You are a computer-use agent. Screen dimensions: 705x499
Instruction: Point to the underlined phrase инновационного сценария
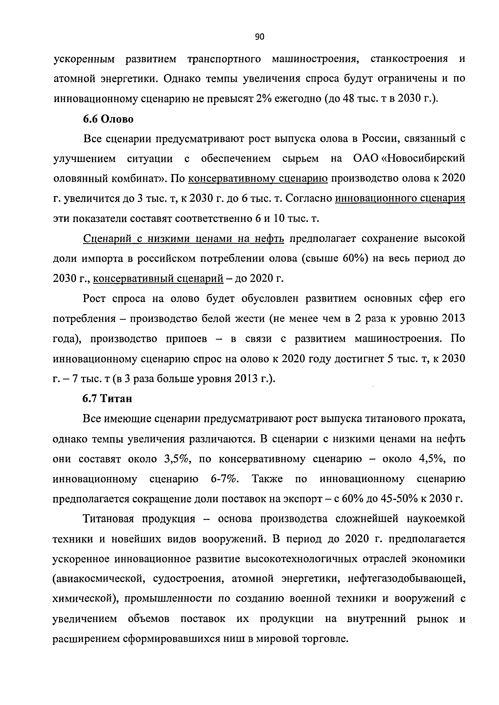click(x=400, y=199)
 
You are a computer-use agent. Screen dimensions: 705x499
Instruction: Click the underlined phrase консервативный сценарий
click(x=158, y=279)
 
